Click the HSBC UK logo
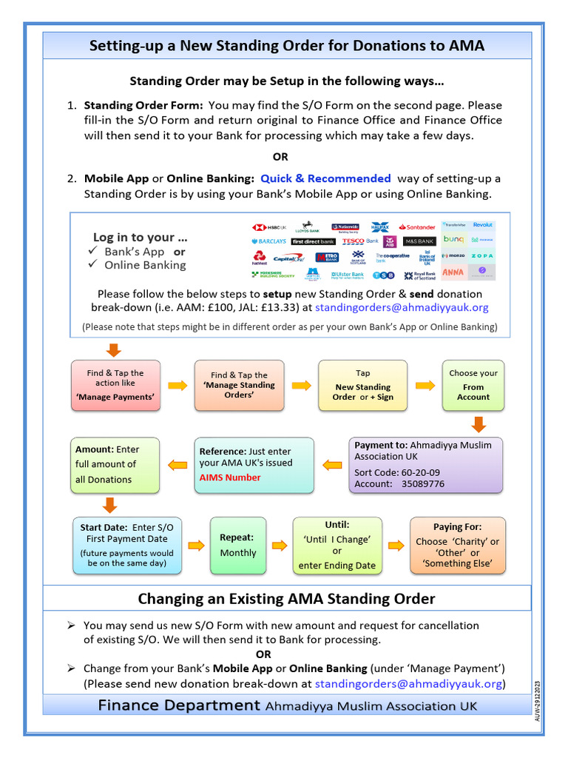[x=269, y=227]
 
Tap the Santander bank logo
[x=417, y=227]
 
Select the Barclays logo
[x=268, y=241]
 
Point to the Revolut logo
[x=482, y=224]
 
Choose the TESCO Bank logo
[x=360, y=241]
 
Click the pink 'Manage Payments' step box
[x=115, y=385]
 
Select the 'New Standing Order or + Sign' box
[x=362, y=386]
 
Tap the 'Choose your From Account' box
[x=473, y=386]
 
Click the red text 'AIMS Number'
[x=229, y=477]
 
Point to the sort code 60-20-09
[x=418, y=472]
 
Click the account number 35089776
[x=422, y=484]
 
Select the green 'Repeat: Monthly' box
[x=237, y=546]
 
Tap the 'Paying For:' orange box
[x=458, y=546]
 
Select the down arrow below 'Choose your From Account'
[x=478, y=424]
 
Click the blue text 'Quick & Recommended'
[x=325, y=178]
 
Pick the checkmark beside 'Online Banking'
[x=93, y=265]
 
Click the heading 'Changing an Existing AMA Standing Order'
[x=287, y=598]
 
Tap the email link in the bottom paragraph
[x=408, y=683]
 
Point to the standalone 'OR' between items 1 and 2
[x=280, y=157]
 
